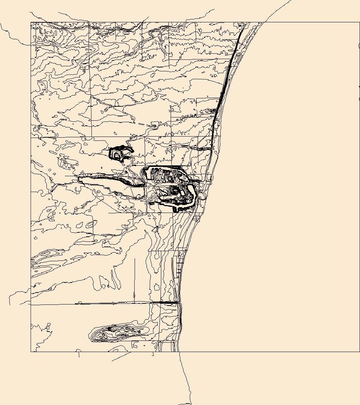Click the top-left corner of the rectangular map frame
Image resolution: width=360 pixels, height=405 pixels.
[31, 23]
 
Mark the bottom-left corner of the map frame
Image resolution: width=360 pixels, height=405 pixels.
[31, 352]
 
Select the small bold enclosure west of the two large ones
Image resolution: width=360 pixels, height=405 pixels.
[120, 153]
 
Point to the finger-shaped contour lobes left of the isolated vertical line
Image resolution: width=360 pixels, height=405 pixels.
[108, 281]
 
